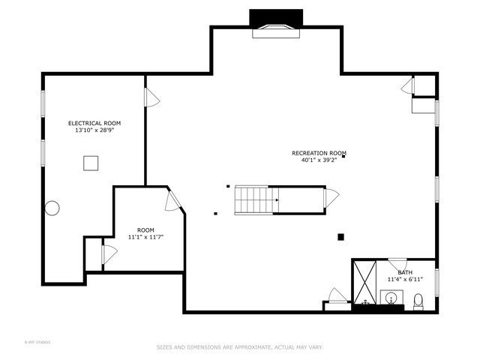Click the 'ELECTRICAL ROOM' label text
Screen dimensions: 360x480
click(94, 123)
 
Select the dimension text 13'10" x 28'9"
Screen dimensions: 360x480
click(94, 130)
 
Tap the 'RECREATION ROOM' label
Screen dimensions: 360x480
click(319, 153)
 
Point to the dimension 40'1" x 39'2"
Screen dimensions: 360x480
click(319, 160)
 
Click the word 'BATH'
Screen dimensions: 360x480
click(405, 272)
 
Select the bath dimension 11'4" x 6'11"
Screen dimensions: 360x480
click(405, 279)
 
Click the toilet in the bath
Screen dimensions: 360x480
click(418, 301)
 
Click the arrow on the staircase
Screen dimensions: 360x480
click(276, 199)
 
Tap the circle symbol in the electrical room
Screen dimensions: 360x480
click(52, 208)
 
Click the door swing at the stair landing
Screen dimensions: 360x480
click(330, 199)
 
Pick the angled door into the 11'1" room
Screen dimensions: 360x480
click(172, 200)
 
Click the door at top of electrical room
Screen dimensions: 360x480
click(151, 97)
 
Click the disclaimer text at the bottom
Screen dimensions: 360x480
click(239, 347)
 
